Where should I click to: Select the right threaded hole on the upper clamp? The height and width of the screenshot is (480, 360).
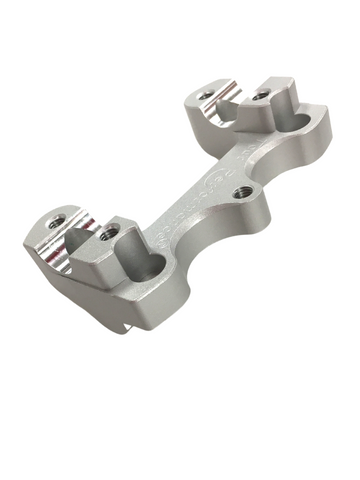[262, 95]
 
